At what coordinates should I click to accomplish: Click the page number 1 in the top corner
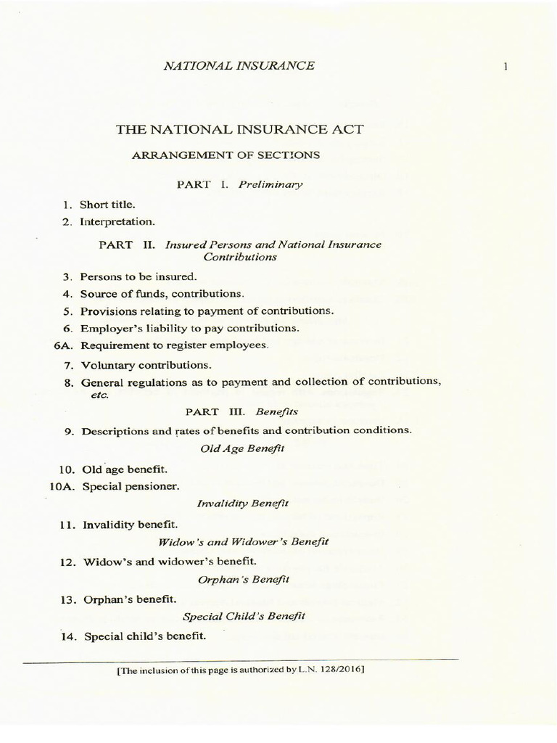coord(505,67)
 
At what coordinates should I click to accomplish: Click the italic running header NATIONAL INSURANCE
coord(239,65)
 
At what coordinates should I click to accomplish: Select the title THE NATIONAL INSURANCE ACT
coord(240,130)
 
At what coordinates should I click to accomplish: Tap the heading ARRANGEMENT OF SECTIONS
coord(225,155)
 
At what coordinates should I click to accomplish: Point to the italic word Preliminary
coord(271,184)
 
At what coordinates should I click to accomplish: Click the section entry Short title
coord(107,205)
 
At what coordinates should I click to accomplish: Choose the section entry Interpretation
coord(117,221)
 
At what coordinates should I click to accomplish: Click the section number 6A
coord(64,345)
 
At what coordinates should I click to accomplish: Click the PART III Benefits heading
coord(242,411)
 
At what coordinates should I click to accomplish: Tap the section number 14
coord(69,636)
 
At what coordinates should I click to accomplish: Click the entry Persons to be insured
coord(139,276)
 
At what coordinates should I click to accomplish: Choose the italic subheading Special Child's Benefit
coord(244,616)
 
